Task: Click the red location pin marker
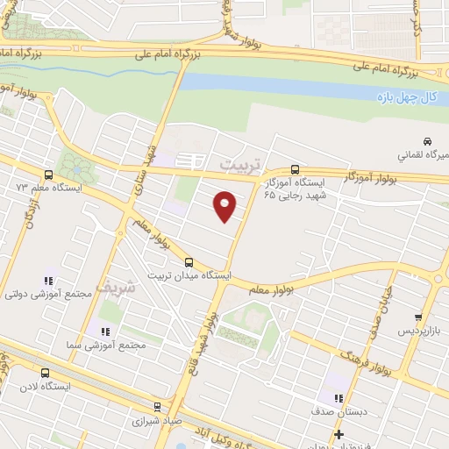coord(225,206)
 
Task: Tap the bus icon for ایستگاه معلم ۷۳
coord(47,175)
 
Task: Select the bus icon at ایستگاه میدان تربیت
coord(189,261)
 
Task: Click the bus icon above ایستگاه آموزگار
coord(294,169)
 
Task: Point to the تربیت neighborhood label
coord(239,165)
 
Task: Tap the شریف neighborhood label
coord(120,287)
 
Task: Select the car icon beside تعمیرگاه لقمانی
coord(426,141)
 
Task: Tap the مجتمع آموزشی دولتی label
coord(49,295)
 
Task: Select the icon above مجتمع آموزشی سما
coord(106,331)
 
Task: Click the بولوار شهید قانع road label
coord(207,338)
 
